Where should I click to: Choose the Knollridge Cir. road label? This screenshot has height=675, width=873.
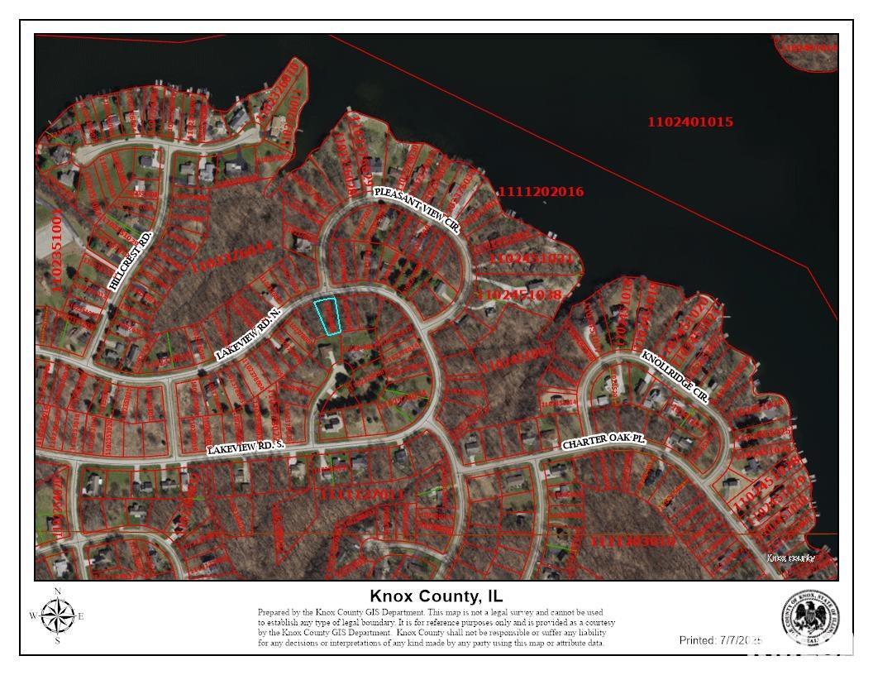point(675,376)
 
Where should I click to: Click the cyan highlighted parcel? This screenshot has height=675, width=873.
point(328,317)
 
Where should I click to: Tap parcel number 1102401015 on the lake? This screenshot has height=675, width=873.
point(690,122)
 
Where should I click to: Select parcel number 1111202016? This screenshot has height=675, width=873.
point(541,192)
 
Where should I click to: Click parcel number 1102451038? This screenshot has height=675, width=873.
point(520,294)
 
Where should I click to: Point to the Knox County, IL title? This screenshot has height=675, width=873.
point(436,596)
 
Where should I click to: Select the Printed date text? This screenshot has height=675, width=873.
point(719,640)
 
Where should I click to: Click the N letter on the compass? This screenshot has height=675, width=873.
point(57,591)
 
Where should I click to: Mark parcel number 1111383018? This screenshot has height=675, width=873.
point(633,541)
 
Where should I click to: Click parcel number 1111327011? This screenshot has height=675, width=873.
point(360,494)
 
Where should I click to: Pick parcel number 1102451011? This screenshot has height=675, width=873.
point(531,259)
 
